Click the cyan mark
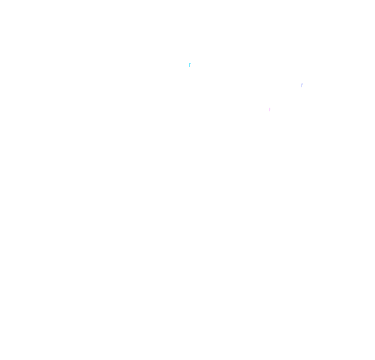pyautogui.click(x=190, y=65)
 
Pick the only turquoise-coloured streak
pyautogui.click(x=190, y=65)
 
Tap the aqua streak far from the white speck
pyautogui.click(x=190, y=65)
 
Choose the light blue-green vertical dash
pyautogui.click(x=190, y=65)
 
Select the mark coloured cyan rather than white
pyautogui.click(x=190, y=65)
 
